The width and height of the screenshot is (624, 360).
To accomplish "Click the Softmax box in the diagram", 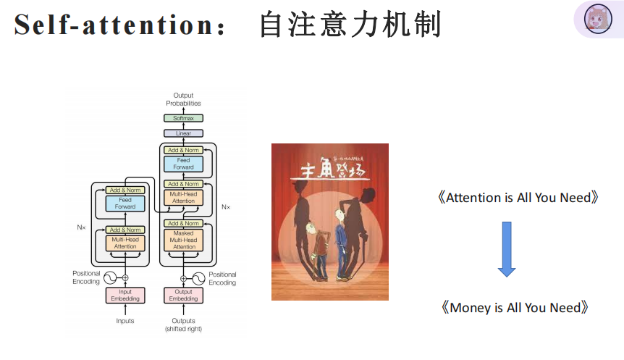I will click(183, 118).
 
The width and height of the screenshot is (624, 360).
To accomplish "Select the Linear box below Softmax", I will click(183, 134).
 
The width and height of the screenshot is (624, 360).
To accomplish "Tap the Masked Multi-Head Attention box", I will click(184, 240).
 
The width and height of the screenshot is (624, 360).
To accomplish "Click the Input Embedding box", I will click(125, 295).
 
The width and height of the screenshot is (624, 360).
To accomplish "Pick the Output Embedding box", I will click(183, 295).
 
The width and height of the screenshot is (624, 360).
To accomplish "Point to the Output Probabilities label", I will click(183, 99).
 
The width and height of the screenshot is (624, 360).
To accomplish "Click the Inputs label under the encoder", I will click(125, 320).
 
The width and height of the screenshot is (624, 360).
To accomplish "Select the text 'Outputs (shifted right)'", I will click(183, 325).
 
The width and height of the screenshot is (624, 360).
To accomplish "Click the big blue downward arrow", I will click(507, 248).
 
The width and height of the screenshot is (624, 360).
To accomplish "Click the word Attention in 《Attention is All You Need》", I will click(473, 197).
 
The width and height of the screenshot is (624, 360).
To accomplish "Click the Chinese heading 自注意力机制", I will click(350, 25).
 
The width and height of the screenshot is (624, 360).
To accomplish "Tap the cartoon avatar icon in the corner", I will click(598, 19).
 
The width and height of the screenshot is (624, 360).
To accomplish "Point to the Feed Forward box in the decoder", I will click(184, 164).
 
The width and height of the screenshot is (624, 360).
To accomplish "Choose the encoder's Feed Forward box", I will click(125, 203).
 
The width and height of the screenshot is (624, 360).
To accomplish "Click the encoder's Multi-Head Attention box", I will click(125, 243).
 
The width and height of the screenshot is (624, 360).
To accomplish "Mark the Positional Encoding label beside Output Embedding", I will click(222, 278).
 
